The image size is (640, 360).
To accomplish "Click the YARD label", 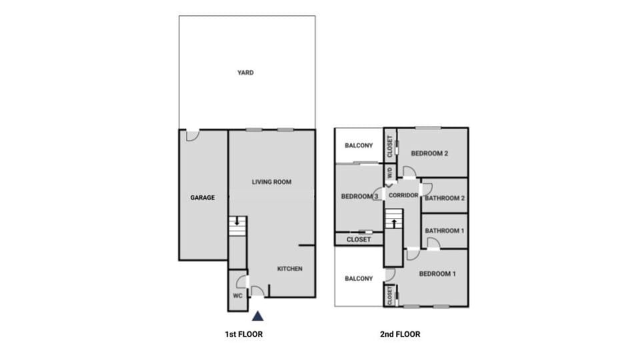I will (x=245, y=73).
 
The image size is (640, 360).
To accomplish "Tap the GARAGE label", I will (x=203, y=197).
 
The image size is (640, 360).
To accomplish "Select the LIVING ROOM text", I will (x=271, y=181).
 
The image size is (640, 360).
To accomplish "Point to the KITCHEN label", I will (x=290, y=269).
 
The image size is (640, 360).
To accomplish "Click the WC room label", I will (x=237, y=295).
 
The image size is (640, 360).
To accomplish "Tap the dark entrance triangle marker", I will (x=257, y=317).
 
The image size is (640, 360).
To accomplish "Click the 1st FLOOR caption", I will (x=243, y=334).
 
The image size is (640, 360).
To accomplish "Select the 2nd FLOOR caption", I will (x=401, y=334).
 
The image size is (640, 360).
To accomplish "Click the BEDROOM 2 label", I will (x=429, y=153).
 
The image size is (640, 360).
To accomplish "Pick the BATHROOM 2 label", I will (x=445, y=198).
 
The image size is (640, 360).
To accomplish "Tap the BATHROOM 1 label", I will (x=445, y=231).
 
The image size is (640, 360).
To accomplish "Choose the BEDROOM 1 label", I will (x=437, y=274).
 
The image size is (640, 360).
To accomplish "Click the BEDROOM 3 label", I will (x=360, y=197).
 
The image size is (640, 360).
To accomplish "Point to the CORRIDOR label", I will (x=403, y=195).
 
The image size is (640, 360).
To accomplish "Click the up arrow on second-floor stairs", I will (x=394, y=223).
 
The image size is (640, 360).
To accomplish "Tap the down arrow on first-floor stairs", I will (x=236, y=221).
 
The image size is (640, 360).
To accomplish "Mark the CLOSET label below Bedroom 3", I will (x=359, y=239).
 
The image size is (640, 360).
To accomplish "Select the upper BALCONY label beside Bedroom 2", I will (x=358, y=145).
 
